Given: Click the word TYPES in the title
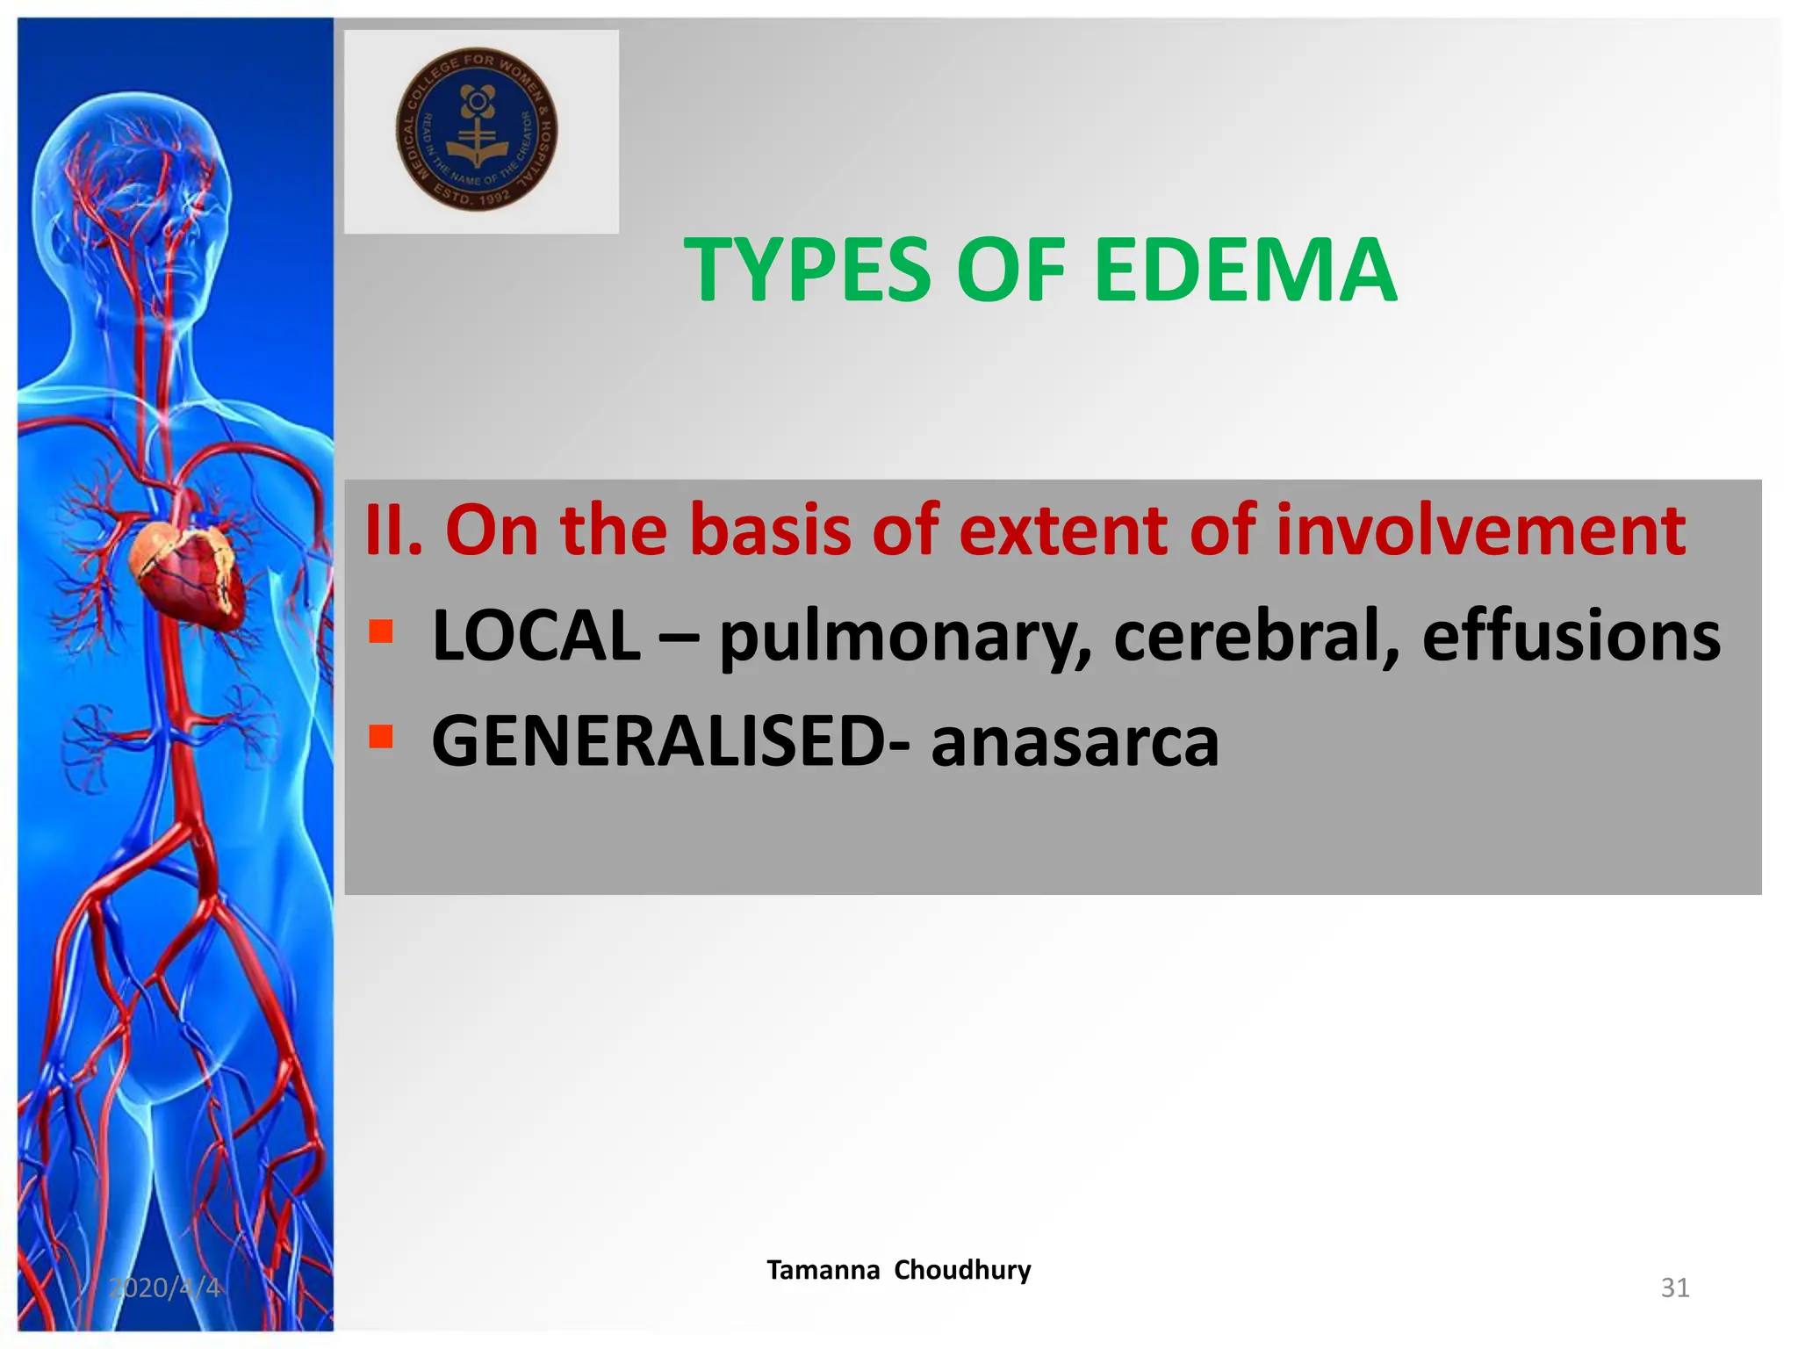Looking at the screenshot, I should [807, 271].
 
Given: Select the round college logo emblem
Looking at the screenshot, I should [477, 129].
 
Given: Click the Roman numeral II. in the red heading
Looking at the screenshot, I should [393, 530].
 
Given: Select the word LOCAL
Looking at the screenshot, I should [536, 636].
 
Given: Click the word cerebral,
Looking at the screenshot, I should [1256, 636].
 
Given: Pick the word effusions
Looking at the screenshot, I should [1571, 636].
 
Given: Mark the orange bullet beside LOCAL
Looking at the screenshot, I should [380, 631].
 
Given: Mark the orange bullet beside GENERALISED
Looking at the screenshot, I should [380, 735].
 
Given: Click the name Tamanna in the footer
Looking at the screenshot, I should [823, 1270].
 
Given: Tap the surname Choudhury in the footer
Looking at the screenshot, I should [962, 1270].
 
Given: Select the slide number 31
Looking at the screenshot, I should [1674, 1288].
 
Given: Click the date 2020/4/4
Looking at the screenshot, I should [164, 1288].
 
